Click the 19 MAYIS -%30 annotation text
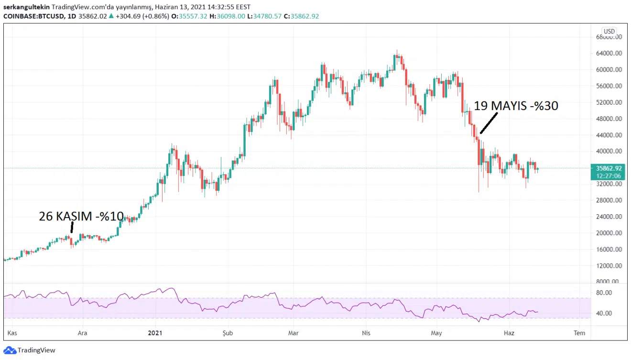pyautogui.click(x=516, y=106)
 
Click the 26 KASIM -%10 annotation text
pyautogui.click(x=81, y=217)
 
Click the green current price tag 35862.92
pyautogui.click(x=609, y=168)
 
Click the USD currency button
pyautogui.click(x=609, y=32)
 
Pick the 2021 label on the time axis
pyautogui.click(x=155, y=333)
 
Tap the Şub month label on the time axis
pyautogui.click(x=228, y=333)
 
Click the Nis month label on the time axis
pyautogui.click(x=366, y=333)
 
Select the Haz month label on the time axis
pyautogui.click(x=509, y=333)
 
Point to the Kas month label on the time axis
pyautogui.click(x=12, y=333)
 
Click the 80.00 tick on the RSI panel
pyautogui.click(x=604, y=293)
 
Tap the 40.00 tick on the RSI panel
pyautogui.click(x=604, y=313)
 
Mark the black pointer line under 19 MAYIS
pyautogui.click(x=489, y=123)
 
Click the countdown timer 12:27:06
pyautogui.click(x=609, y=175)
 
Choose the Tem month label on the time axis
pyautogui.click(x=579, y=333)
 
